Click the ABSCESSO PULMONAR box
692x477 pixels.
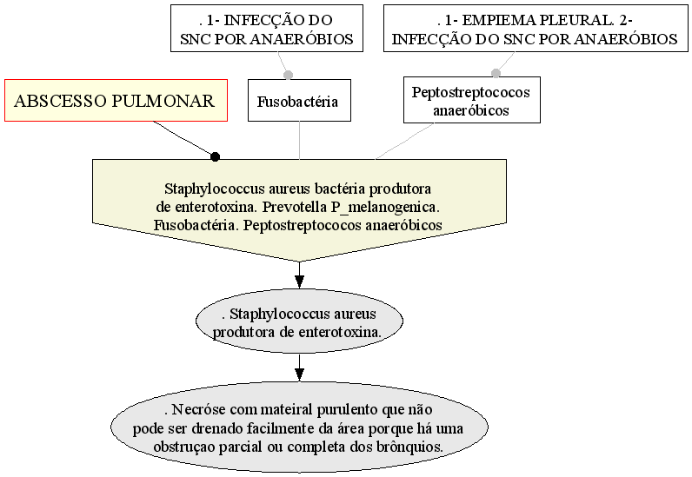pos(116,100)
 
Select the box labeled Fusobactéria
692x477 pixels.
pos(299,100)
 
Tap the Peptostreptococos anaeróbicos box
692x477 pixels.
pos(472,100)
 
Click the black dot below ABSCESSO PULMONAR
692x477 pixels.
pos(215,156)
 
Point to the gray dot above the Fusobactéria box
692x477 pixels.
pos(288,75)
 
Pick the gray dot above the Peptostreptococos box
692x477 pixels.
pos(496,73)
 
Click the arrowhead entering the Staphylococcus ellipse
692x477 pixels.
pos(299,282)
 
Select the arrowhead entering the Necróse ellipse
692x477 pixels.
pos(299,374)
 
